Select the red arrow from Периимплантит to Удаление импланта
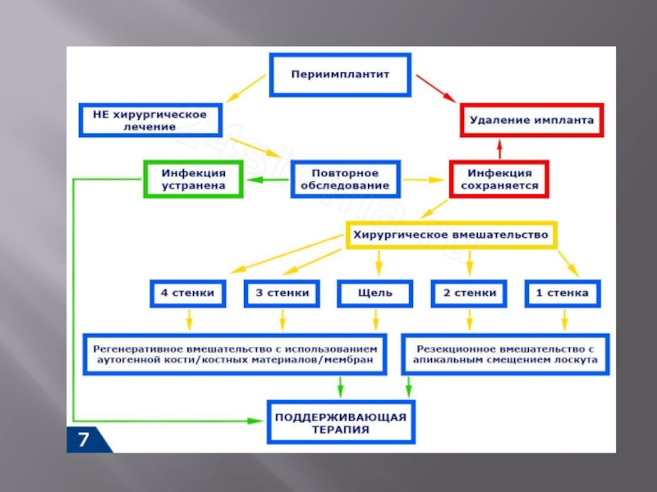point(436,89)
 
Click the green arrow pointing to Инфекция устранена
point(267,180)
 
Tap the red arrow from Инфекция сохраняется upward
point(499,149)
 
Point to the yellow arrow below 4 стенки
point(189,320)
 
